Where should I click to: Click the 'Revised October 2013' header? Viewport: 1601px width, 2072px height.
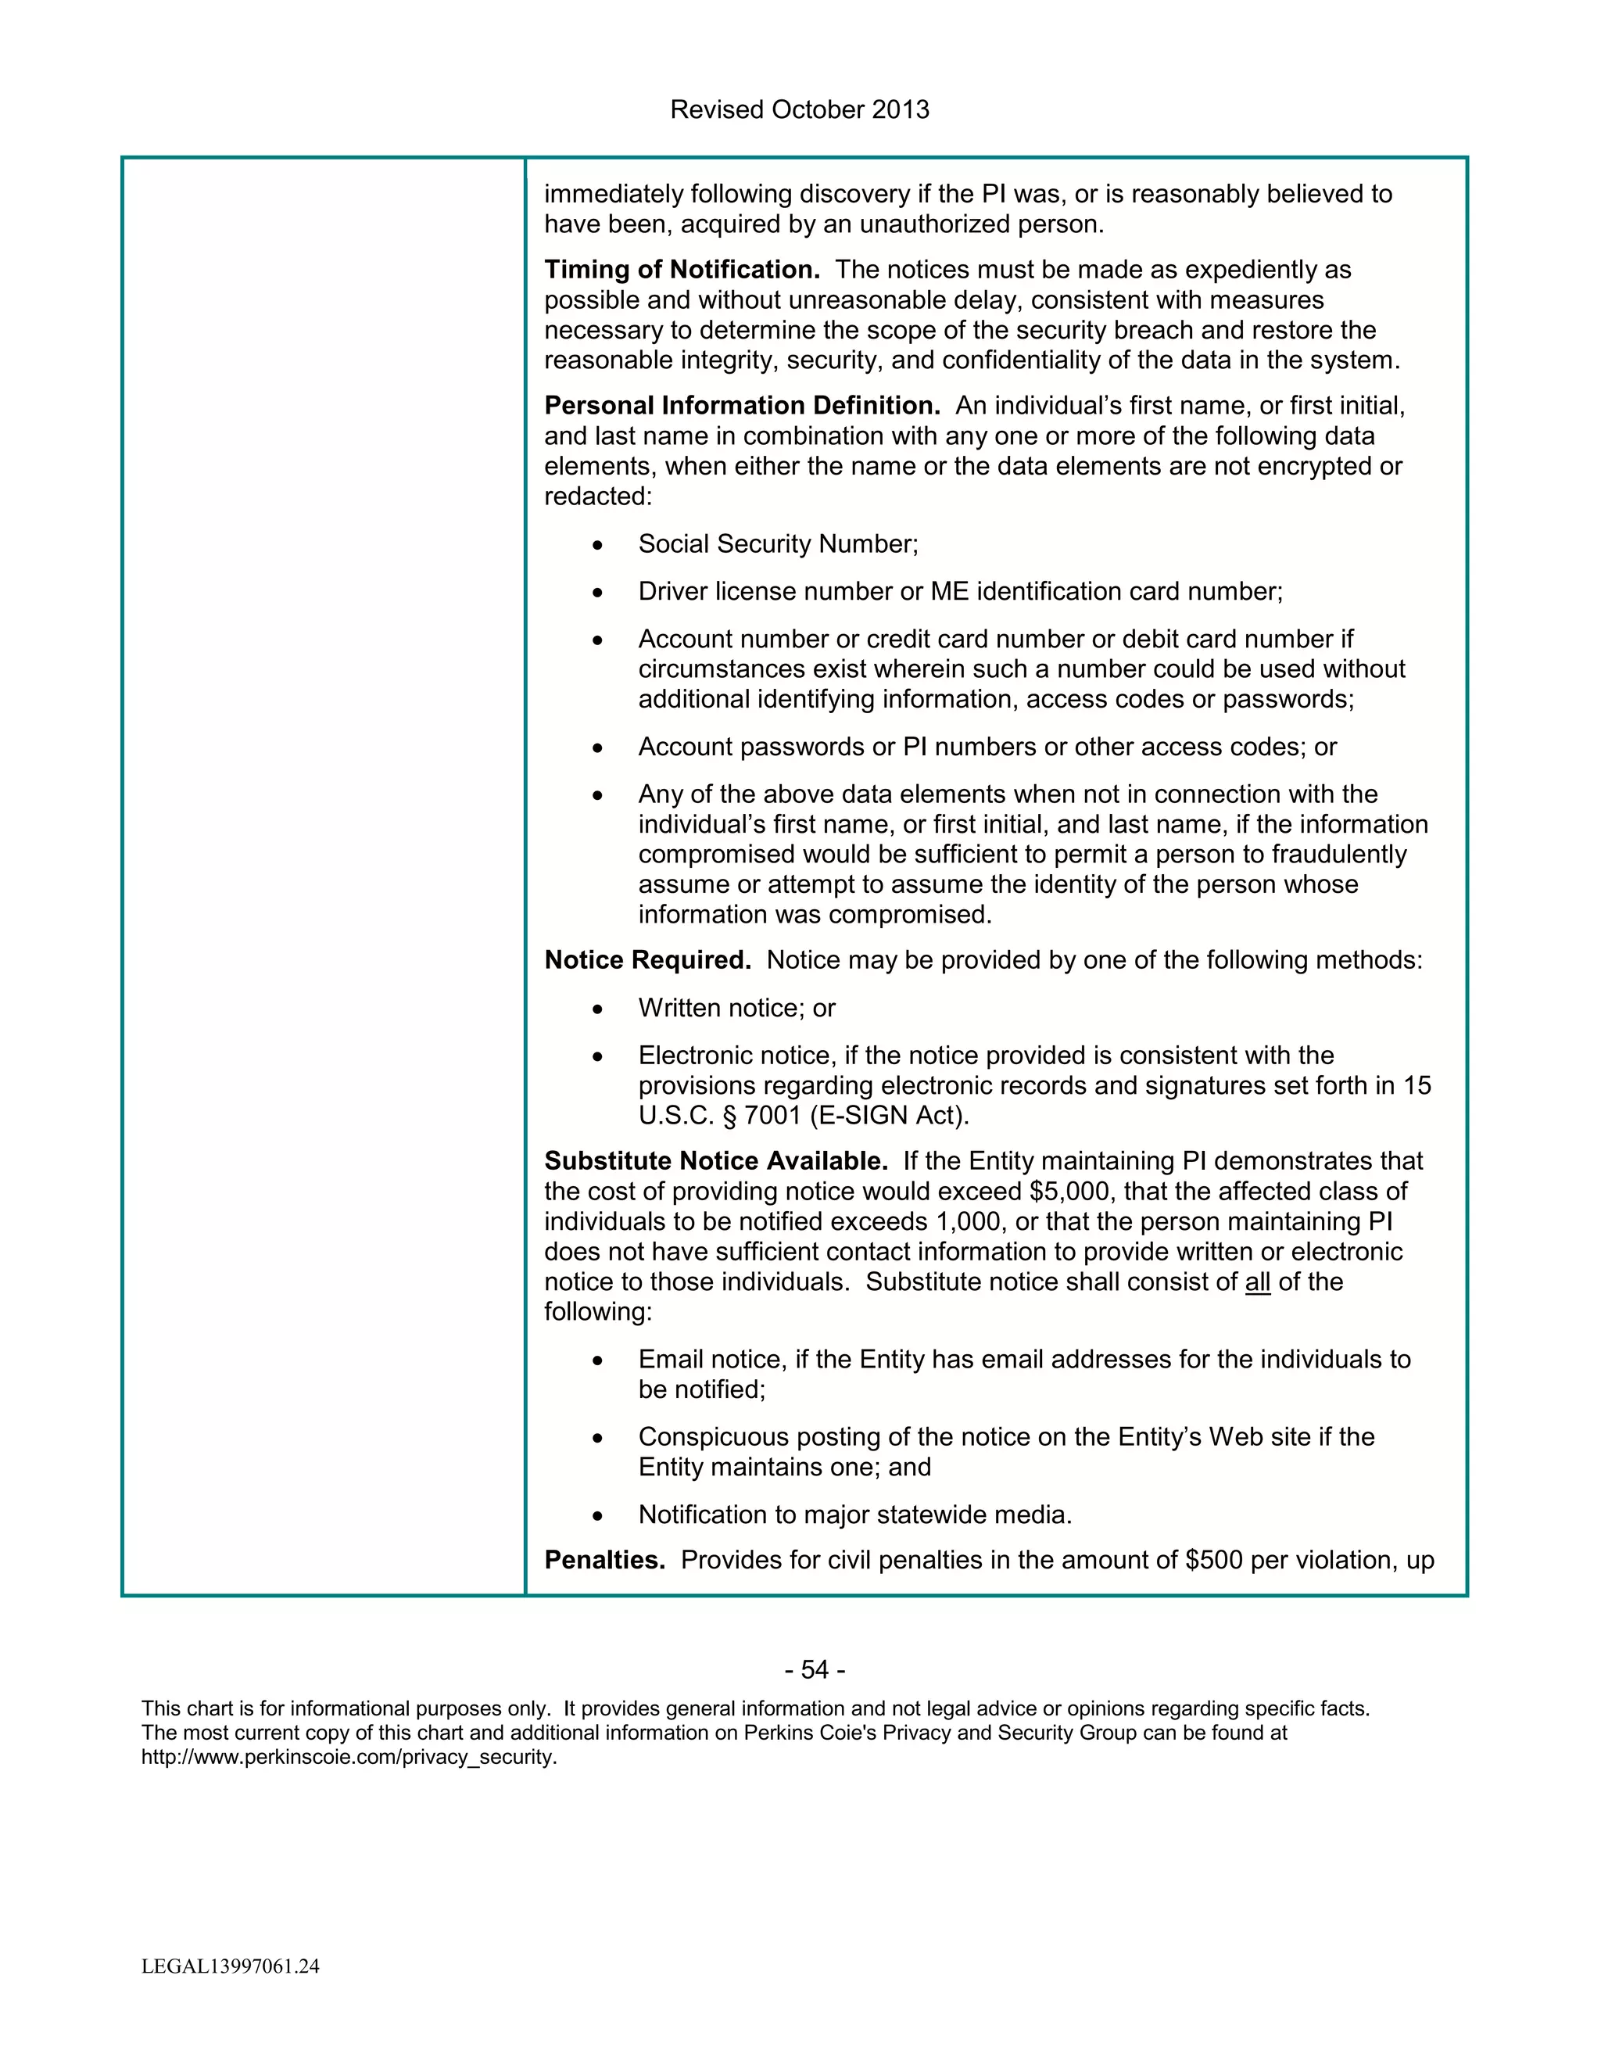click(800, 110)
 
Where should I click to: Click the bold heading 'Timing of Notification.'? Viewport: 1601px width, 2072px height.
click(681, 270)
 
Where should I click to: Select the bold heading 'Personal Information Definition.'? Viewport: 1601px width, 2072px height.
click(742, 406)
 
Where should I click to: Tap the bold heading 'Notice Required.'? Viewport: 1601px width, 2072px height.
click(646, 960)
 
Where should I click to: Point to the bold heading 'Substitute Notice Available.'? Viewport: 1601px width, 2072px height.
click(715, 1161)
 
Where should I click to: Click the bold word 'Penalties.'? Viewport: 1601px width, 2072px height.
click(604, 1560)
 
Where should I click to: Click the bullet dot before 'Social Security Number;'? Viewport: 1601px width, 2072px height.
click(596, 546)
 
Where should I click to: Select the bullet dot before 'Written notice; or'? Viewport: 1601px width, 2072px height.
click(596, 1009)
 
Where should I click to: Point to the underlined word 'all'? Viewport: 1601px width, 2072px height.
click(1257, 1282)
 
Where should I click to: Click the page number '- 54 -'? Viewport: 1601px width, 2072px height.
click(815, 1670)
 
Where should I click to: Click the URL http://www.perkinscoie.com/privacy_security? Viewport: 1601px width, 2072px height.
click(348, 1757)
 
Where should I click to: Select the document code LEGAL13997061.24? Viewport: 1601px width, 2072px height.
click(231, 1966)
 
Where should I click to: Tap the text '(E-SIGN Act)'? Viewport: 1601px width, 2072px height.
click(889, 1116)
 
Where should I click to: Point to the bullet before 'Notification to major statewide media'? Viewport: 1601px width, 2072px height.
click(596, 1516)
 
